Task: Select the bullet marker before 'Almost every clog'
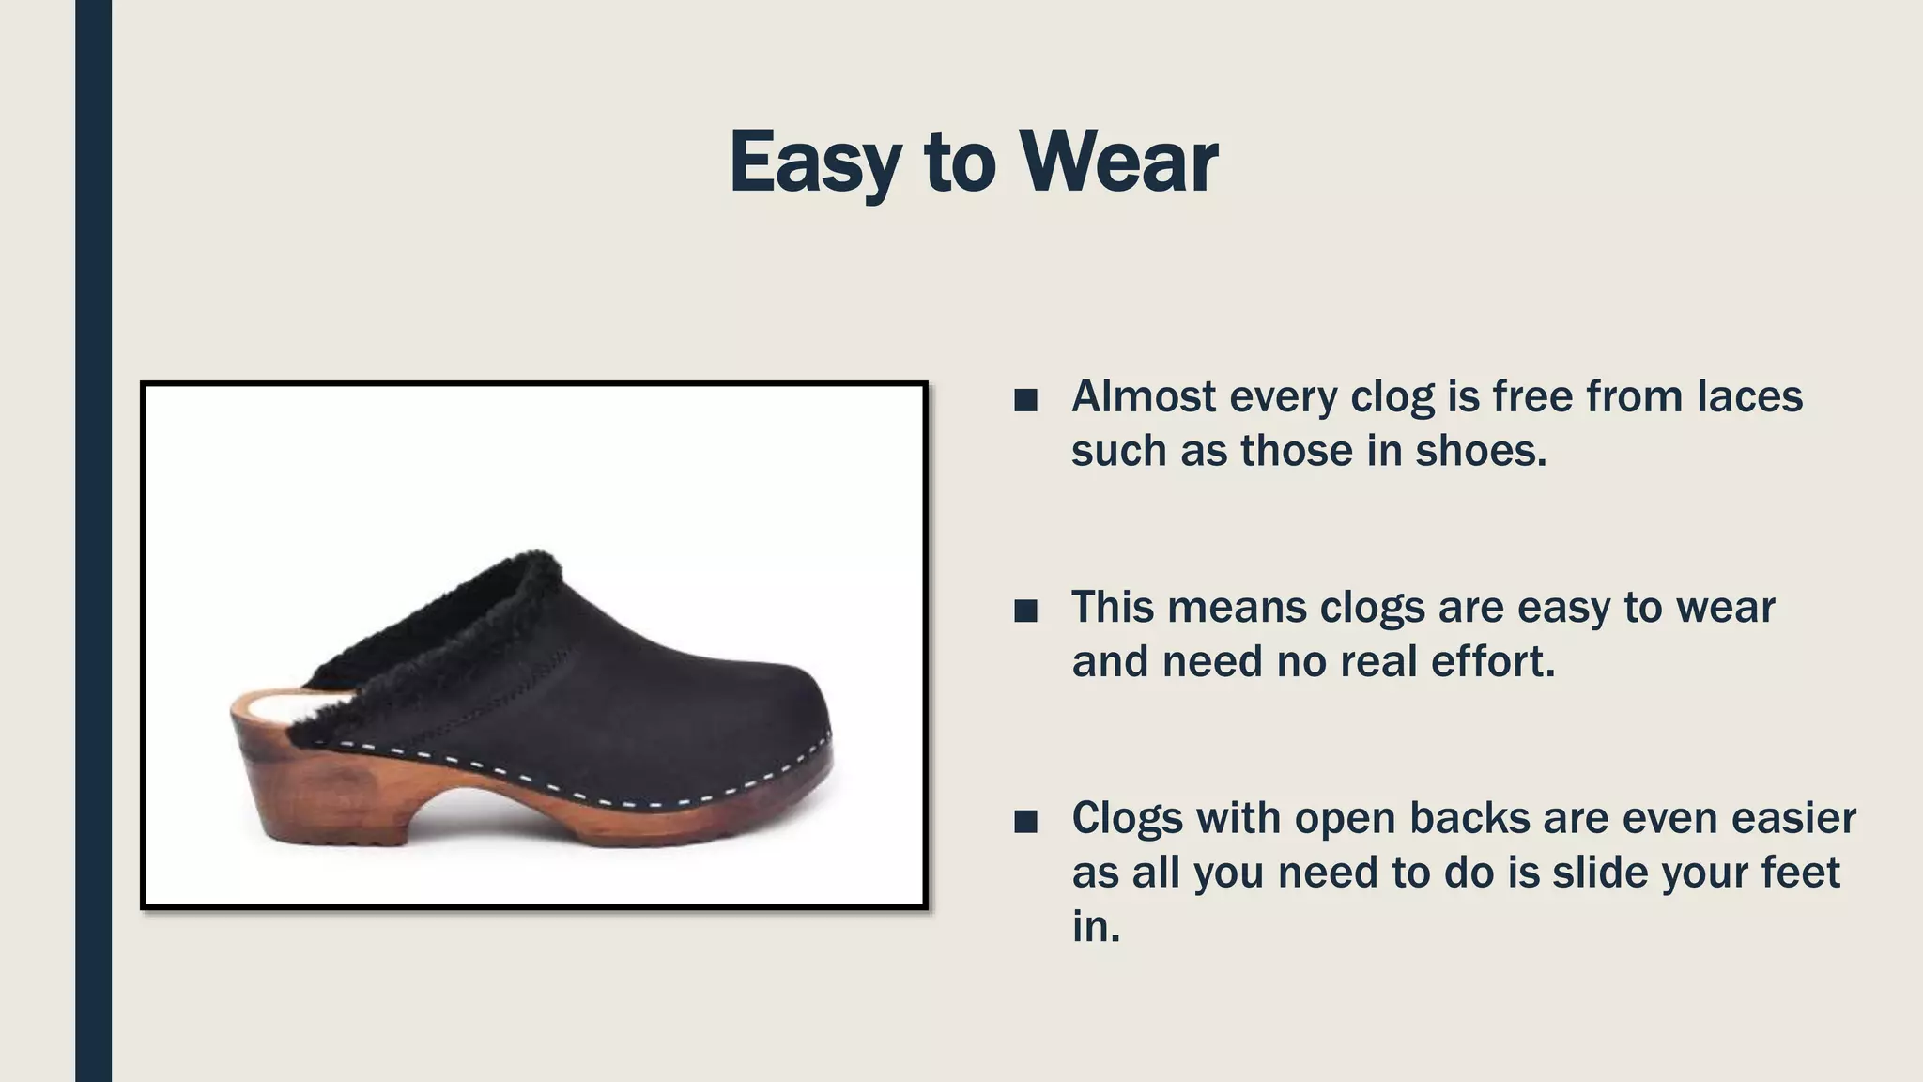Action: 1025,401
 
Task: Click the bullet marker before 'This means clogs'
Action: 1025,611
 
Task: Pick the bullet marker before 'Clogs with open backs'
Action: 1025,823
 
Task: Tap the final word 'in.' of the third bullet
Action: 1096,927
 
